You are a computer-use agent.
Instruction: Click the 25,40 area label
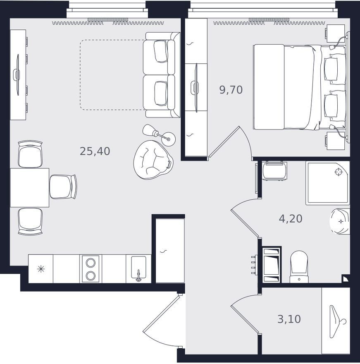coord(95,151)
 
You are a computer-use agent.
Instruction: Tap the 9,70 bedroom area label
coord(231,90)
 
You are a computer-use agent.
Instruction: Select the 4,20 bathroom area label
coord(291,219)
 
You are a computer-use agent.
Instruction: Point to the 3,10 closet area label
coord(289,319)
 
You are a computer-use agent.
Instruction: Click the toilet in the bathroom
coord(299,266)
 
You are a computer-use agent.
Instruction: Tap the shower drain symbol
coord(339,172)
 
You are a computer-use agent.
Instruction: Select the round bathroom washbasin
coord(340,221)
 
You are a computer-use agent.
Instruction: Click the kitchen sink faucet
coord(138,275)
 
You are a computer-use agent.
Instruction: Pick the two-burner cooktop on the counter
coord(91,269)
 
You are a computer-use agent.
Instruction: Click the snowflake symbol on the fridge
coord(41,269)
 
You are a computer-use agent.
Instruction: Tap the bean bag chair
coord(153,160)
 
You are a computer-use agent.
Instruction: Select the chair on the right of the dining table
coord(63,187)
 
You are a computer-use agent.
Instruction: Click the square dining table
coord(29,187)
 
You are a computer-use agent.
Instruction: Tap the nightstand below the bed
coord(335,141)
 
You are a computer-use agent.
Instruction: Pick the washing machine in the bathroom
coord(274,171)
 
